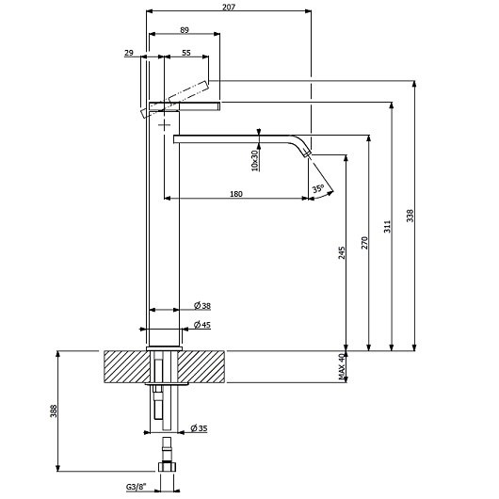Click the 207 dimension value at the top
pyautogui.click(x=229, y=7)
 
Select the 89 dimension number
pyautogui.click(x=185, y=30)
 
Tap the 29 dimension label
pyautogui.click(x=129, y=53)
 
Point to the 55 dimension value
pyautogui.click(x=186, y=53)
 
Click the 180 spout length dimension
pyautogui.click(x=236, y=194)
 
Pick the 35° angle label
pyautogui.click(x=318, y=188)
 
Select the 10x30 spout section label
pyautogui.click(x=255, y=161)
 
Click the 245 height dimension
pyautogui.click(x=342, y=252)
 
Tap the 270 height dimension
pyautogui.click(x=364, y=243)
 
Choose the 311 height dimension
pyautogui.click(x=387, y=226)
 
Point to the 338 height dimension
pyautogui.click(x=410, y=216)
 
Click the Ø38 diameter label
pyautogui.click(x=202, y=306)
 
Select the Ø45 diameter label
pyautogui.click(x=202, y=325)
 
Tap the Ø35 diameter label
pyautogui.click(x=199, y=428)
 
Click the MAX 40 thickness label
pyautogui.click(x=342, y=366)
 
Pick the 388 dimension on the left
pyautogui.click(x=54, y=410)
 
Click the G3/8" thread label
pyautogui.click(x=137, y=487)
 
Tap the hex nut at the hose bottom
pyautogui.click(x=167, y=467)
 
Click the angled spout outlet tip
pyautogui.click(x=308, y=153)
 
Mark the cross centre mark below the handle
pyautogui.click(x=164, y=124)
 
